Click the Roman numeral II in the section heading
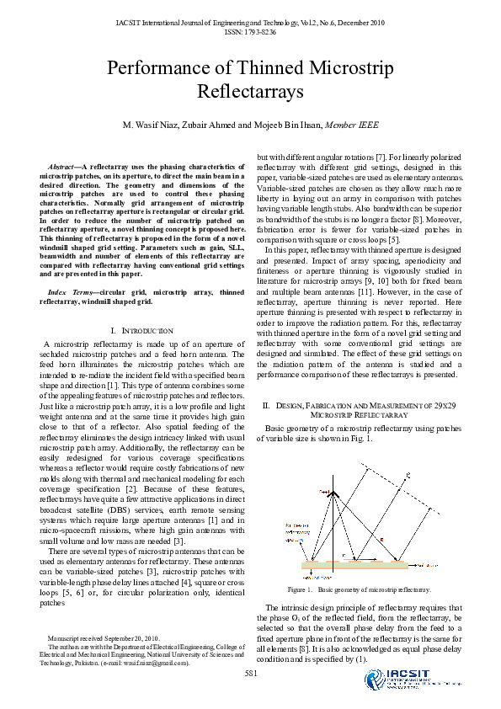click(x=267, y=406)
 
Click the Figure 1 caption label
click(x=297, y=590)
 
